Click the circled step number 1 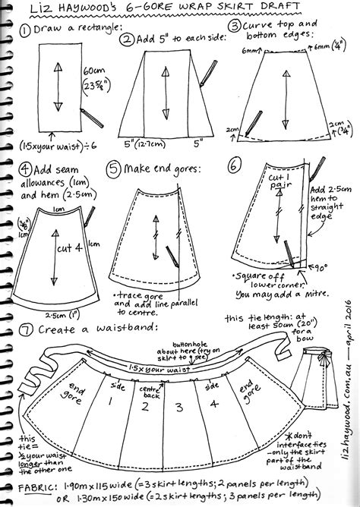pyautogui.click(x=26, y=31)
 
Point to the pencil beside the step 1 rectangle pyautogui.click(x=90, y=121)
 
